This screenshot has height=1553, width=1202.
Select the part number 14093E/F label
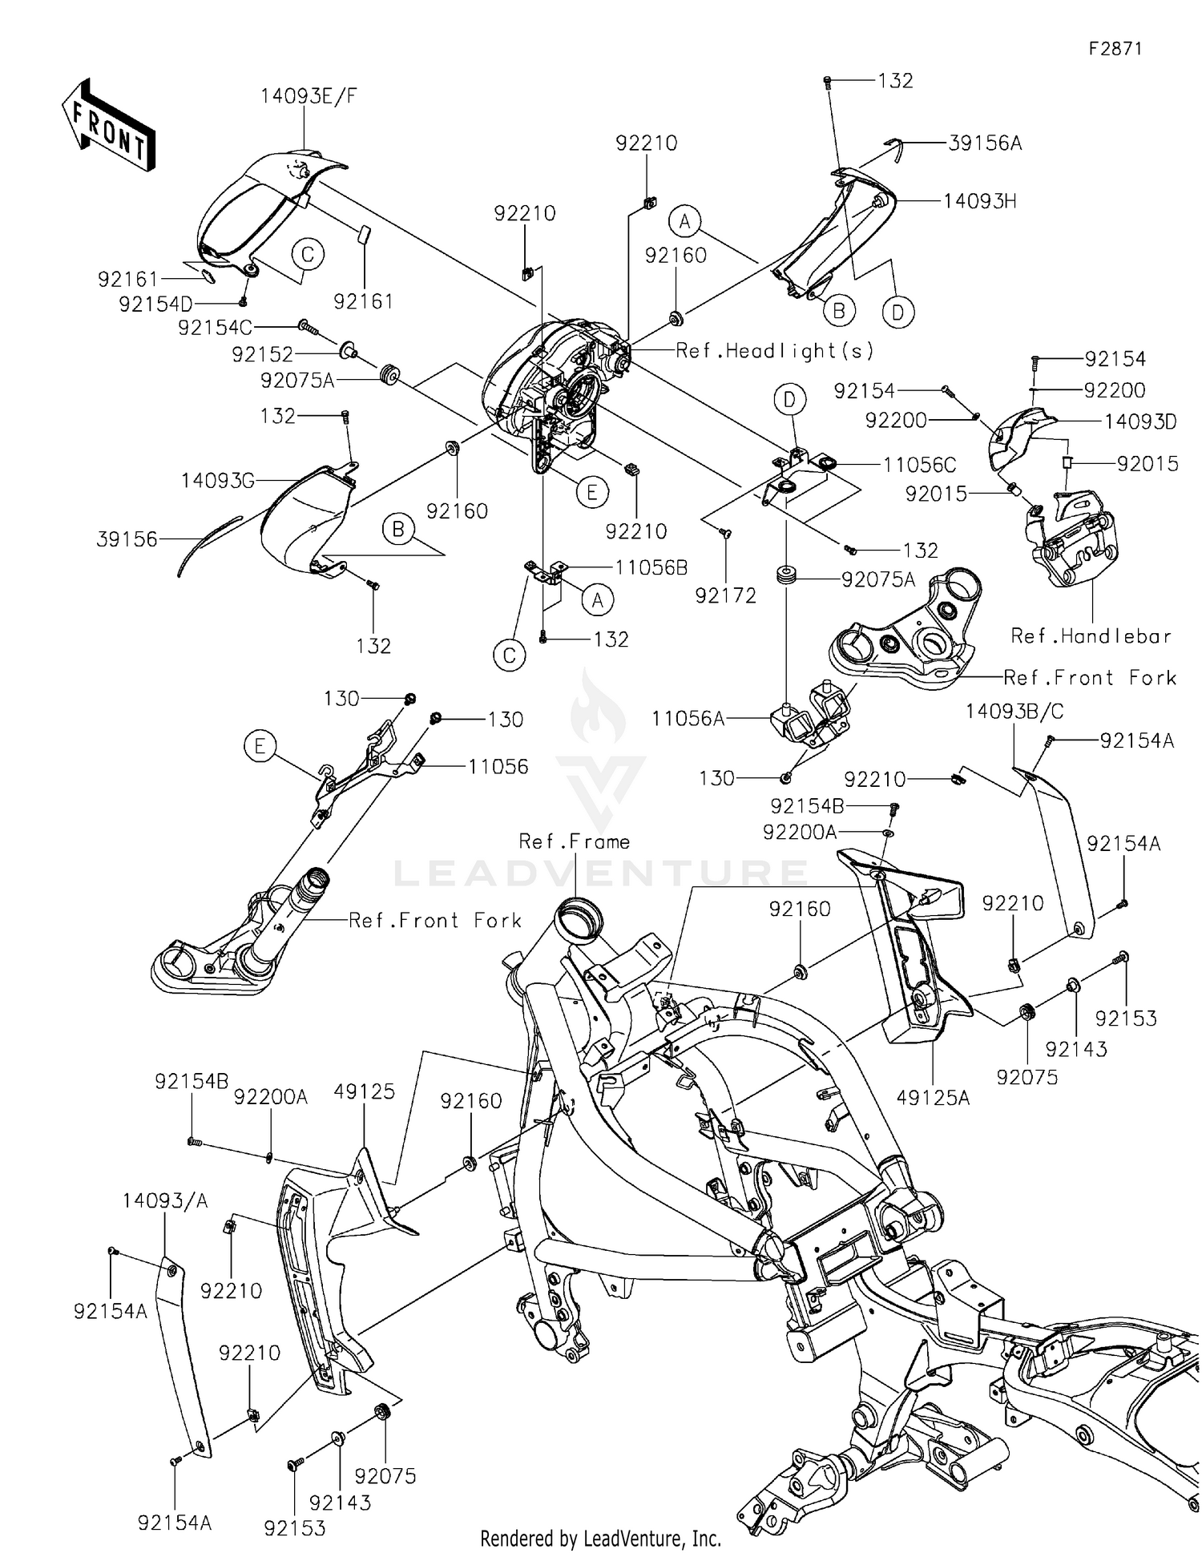309,97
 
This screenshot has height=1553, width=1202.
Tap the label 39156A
984,143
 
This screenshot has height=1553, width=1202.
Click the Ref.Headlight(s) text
775,351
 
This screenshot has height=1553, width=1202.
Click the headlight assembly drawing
553,385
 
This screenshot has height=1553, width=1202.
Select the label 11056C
919,465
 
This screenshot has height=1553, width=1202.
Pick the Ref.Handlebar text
1091,636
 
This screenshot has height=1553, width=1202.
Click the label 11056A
688,719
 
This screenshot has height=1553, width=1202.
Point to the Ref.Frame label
574,841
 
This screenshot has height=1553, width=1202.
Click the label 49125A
934,1097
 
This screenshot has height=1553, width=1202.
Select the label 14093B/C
1014,712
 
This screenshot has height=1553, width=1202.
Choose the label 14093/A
165,1200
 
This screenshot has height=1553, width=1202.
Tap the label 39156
127,539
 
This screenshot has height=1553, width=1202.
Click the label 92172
725,595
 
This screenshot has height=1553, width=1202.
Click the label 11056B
651,568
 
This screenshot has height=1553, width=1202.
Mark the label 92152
262,354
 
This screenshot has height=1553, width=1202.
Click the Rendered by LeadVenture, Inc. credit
600,1538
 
